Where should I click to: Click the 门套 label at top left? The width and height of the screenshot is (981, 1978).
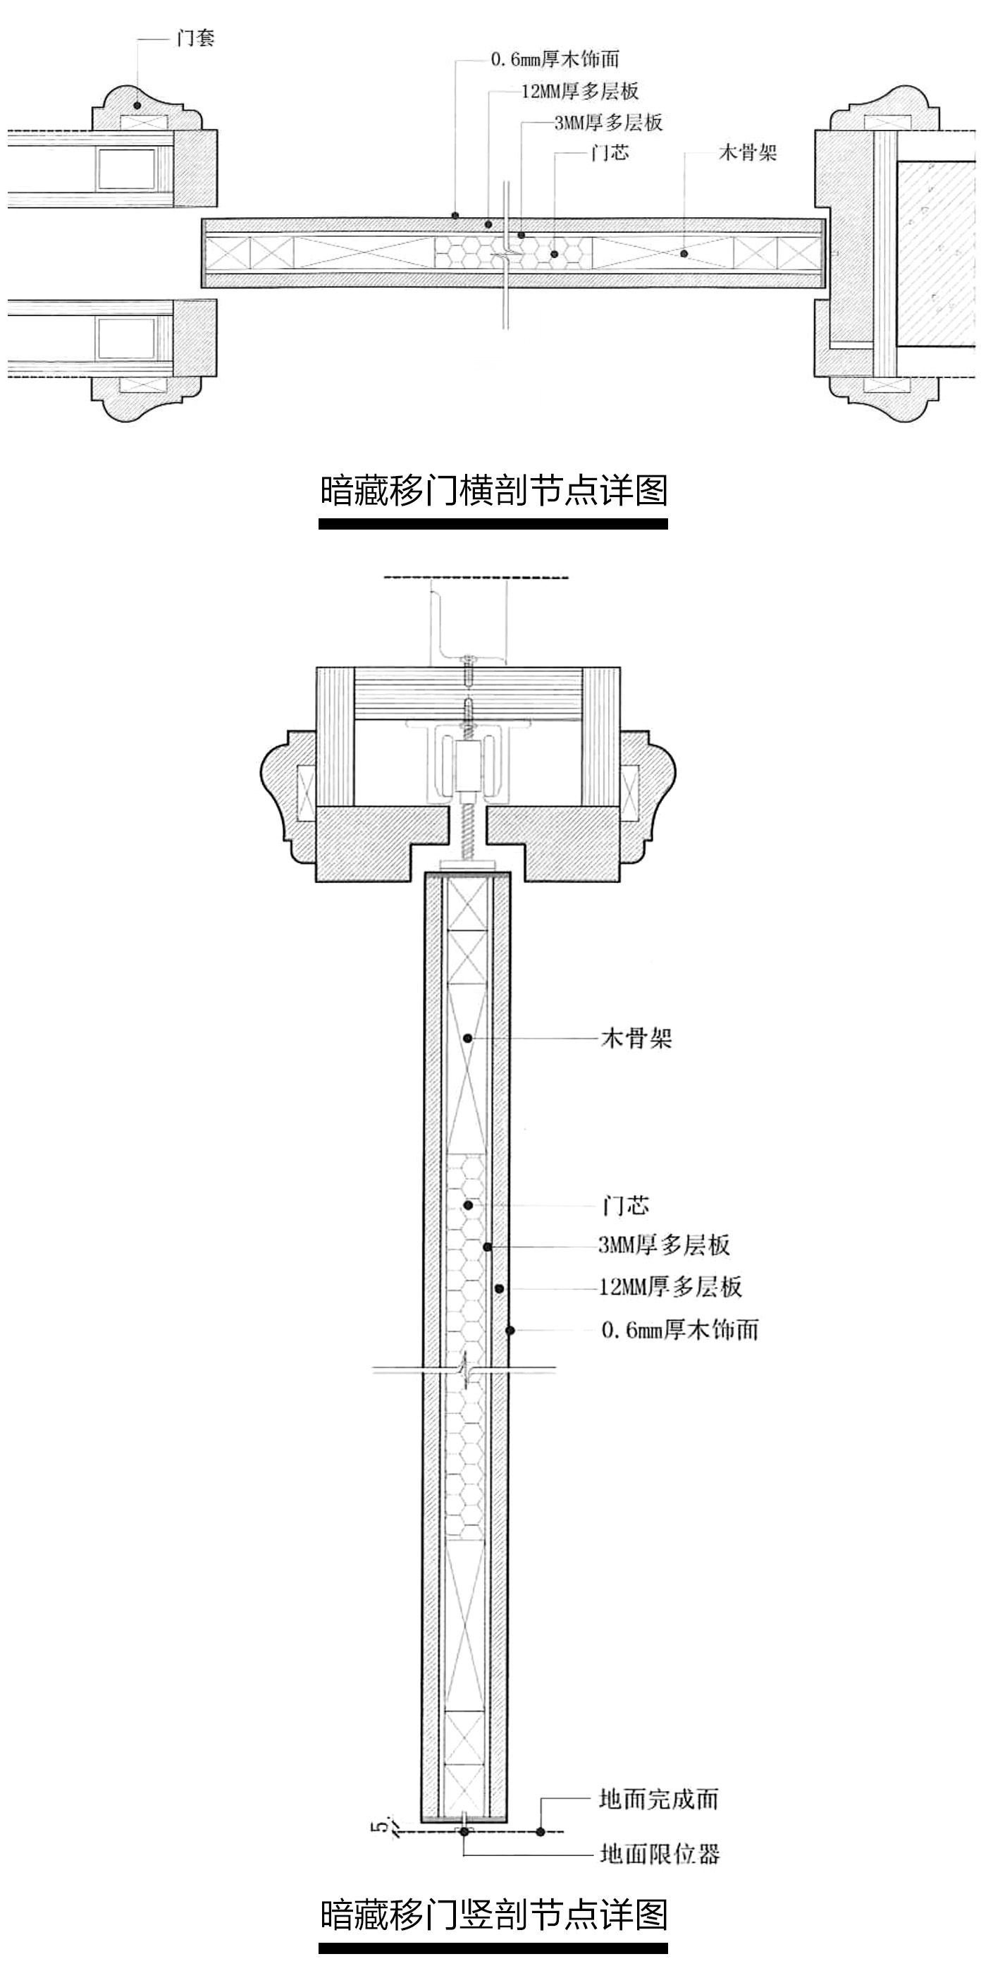click(195, 37)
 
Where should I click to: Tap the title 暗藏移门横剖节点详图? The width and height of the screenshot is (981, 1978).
click(493, 491)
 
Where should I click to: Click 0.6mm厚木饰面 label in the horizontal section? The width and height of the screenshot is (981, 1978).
click(555, 59)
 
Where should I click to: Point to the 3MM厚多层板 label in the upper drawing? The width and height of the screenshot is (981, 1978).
click(609, 122)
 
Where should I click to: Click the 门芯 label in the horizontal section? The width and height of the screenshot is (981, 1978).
click(610, 153)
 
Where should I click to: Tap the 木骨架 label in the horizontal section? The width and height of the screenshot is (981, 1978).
click(748, 152)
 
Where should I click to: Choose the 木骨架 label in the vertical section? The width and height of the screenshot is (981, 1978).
click(636, 1039)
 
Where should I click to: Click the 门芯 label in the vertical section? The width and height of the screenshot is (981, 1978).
click(626, 1204)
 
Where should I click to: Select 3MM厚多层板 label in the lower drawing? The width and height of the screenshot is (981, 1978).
click(664, 1245)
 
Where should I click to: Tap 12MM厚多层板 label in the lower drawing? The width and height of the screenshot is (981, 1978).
click(670, 1286)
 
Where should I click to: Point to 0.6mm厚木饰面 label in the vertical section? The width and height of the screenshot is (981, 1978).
click(680, 1329)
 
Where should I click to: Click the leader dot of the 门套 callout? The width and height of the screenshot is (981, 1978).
click(137, 104)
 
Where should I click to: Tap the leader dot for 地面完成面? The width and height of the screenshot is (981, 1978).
click(541, 1831)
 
